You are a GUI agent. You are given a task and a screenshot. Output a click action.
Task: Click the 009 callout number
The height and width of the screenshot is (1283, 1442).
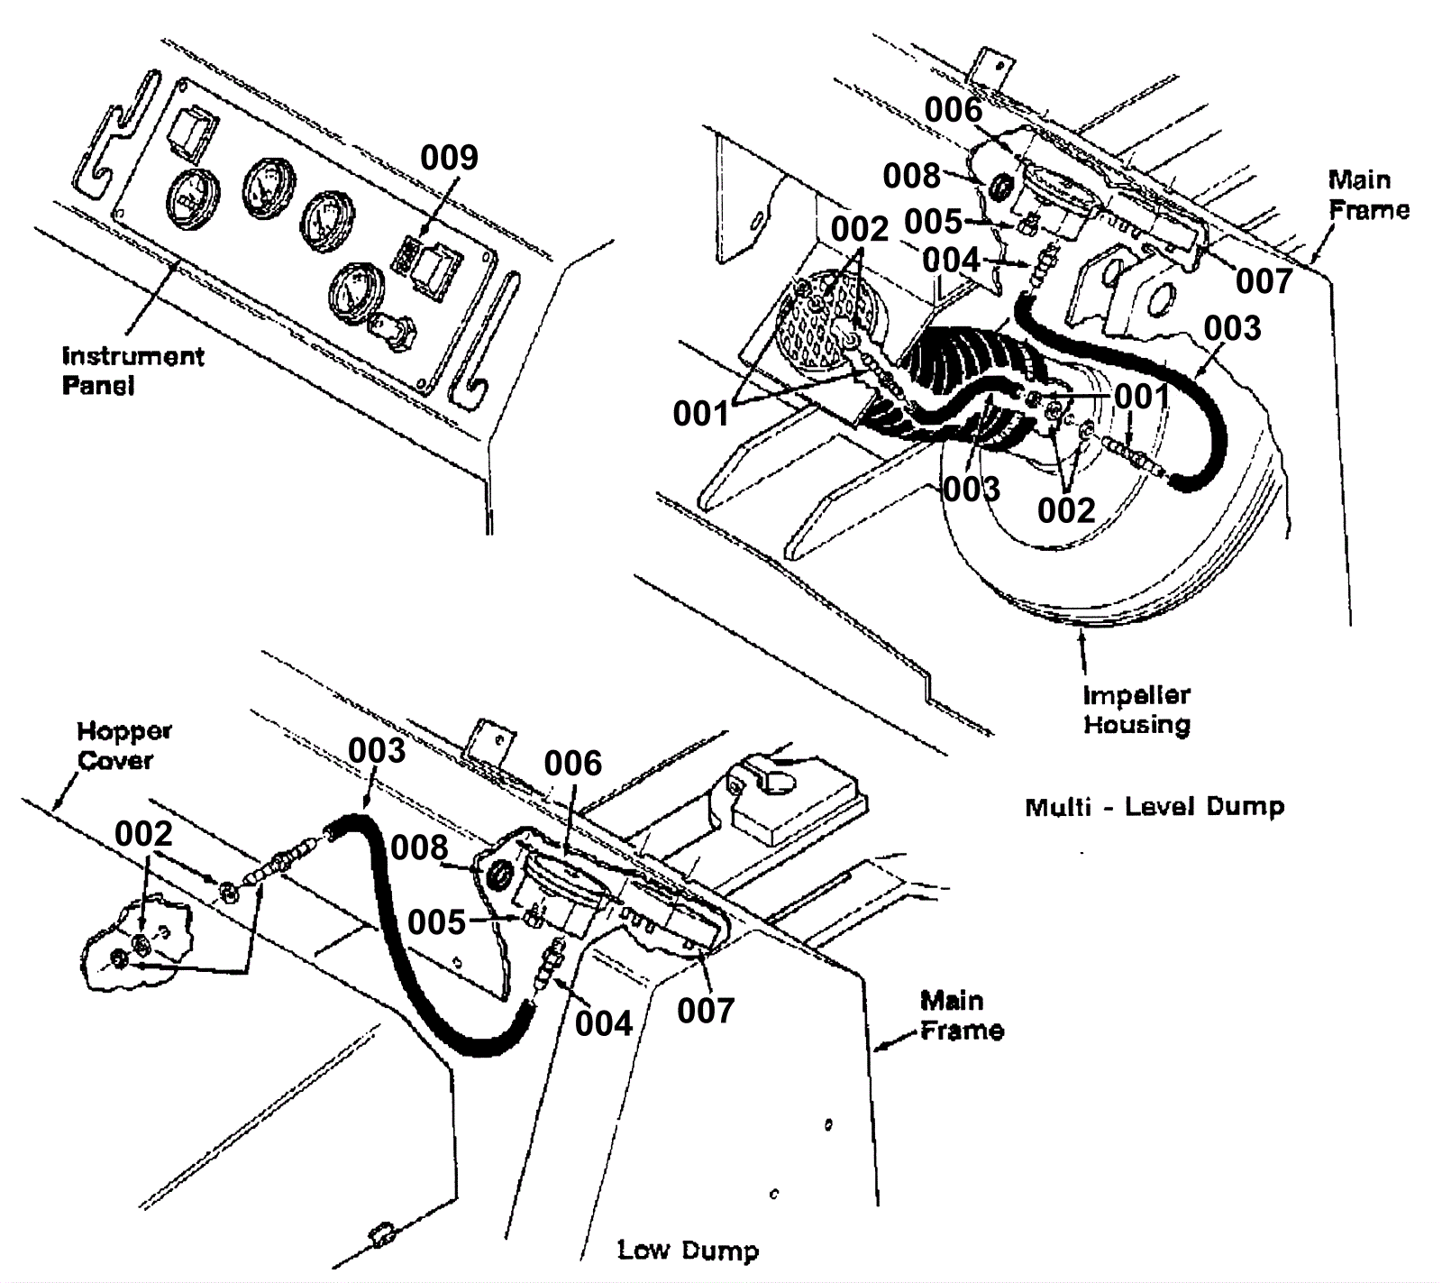(x=449, y=158)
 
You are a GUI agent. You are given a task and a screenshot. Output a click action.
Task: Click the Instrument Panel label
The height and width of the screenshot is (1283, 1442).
(x=132, y=371)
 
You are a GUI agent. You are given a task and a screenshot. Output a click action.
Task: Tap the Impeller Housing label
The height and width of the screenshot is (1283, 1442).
(x=1136, y=710)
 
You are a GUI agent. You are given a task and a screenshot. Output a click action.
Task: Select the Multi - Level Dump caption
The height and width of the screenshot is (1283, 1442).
(x=1155, y=806)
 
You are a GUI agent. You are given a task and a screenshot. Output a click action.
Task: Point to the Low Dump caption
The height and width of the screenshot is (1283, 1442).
(x=688, y=1250)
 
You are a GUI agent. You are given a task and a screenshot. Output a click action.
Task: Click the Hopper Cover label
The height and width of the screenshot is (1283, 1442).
(x=123, y=746)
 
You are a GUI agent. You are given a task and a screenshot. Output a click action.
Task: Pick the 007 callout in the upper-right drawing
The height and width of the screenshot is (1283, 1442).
(x=1264, y=281)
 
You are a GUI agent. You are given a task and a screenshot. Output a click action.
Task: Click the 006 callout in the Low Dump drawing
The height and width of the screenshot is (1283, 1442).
(x=572, y=764)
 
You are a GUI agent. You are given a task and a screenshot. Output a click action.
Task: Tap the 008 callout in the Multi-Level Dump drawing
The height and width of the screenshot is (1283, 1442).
(x=911, y=176)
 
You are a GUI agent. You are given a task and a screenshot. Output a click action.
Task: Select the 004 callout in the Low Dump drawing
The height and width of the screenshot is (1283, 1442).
(x=604, y=1023)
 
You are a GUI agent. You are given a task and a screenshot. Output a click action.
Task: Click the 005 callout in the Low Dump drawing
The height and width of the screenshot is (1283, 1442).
(x=436, y=921)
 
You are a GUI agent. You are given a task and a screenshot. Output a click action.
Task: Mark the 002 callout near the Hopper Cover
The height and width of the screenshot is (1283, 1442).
(x=143, y=834)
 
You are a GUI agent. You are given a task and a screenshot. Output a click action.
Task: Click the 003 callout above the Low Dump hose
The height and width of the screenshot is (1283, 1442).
(x=377, y=750)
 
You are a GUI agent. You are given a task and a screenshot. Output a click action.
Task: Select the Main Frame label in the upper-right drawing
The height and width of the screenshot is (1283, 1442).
(x=1368, y=195)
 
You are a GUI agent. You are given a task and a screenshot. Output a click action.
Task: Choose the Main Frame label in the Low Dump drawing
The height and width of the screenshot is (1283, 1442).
(x=962, y=1015)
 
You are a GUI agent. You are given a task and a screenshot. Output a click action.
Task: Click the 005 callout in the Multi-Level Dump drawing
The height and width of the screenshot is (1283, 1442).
(x=933, y=221)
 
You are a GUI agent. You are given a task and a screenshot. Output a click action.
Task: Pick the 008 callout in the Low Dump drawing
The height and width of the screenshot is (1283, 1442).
(x=419, y=848)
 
